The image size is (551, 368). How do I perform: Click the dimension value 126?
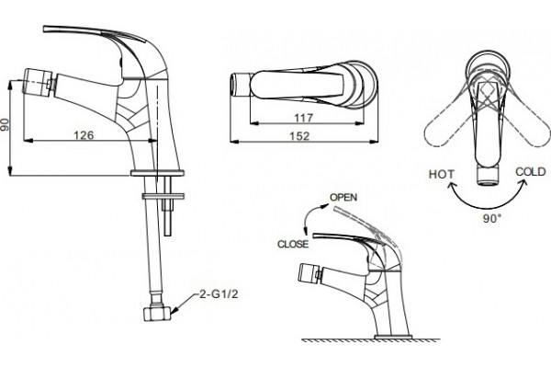pyautogui.click(x=84, y=135)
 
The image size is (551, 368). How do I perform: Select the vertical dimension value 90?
pyautogui.click(x=5, y=125)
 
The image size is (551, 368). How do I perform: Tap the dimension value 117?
pyautogui.click(x=303, y=118)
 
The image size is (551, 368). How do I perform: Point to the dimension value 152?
pyautogui.click(x=299, y=136)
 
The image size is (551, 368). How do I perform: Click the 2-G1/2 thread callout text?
pyautogui.click(x=219, y=293)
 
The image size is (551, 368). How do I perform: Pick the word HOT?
pyautogui.click(x=442, y=174)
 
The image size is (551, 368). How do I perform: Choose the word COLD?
pyautogui.click(x=531, y=172)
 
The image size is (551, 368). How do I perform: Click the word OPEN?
pyautogui.click(x=343, y=197)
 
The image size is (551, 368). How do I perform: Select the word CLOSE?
pyautogui.click(x=293, y=244)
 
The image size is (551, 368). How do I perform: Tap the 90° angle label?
pyautogui.click(x=492, y=219)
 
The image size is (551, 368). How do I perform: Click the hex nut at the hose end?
pyautogui.click(x=157, y=313)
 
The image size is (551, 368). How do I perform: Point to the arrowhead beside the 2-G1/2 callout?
pyautogui.click(x=174, y=310)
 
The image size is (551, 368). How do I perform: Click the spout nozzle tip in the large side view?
pyautogui.click(x=36, y=83)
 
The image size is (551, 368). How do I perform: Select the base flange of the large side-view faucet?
pyautogui.click(x=157, y=173)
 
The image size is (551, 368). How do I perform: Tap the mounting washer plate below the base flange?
pyautogui.click(x=163, y=196)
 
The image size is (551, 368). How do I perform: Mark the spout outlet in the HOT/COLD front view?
pyautogui.click(x=489, y=176)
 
